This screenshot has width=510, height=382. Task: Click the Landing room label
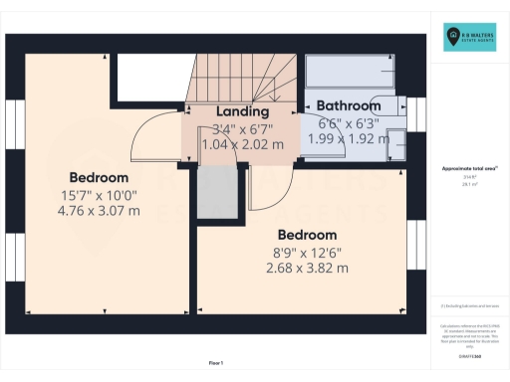click(x=242, y=111)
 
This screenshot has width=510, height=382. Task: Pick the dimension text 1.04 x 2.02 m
click(x=242, y=144)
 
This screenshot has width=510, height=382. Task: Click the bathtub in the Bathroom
click(x=348, y=72)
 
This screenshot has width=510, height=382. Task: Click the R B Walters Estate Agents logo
click(x=469, y=39)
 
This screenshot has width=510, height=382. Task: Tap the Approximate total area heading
click(x=469, y=169)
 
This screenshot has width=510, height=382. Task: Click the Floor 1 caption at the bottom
click(x=215, y=363)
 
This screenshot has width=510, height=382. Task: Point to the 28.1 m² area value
click(x=469, y=184)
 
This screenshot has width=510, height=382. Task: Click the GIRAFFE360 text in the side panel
click(x=469, y=353)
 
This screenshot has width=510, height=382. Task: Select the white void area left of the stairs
click(x=148, y=78)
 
